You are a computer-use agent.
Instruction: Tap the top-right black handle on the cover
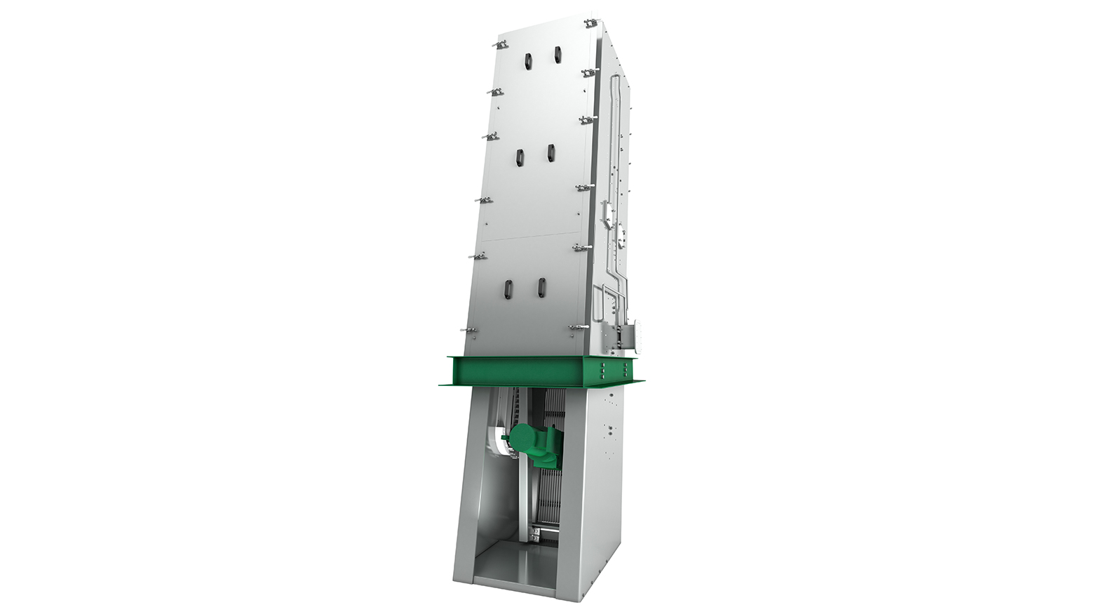tap(557, 55)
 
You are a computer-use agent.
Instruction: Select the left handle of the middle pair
tap(519, 158)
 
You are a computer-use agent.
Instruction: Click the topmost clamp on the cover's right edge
tap(590, 23)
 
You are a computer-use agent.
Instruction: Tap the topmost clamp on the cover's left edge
tap(499, 46)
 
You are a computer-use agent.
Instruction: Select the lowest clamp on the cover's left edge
tap(468, 329)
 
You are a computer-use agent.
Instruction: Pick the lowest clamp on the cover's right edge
tap(578, 327)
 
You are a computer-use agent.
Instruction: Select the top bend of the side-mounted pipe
tap(615, 79)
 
